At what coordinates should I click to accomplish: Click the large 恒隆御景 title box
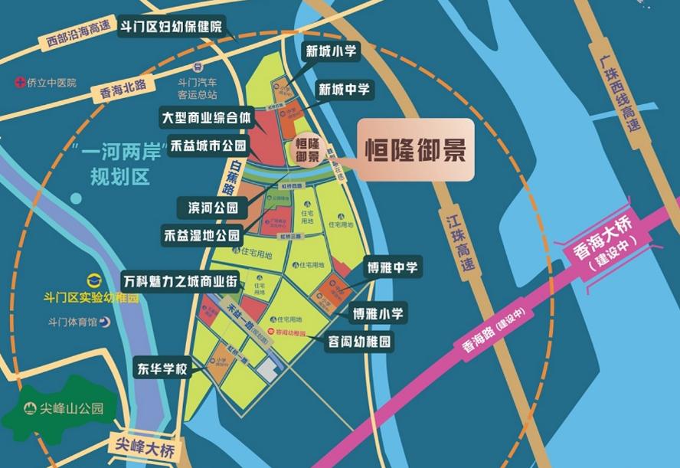(414, 150)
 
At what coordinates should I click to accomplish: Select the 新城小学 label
(332, 52)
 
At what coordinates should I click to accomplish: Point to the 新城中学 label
(344, 89)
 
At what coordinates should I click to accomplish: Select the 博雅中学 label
(391, 268)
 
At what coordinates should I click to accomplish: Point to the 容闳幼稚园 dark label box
(359, 341)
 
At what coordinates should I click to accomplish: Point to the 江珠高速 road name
(460, 235)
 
